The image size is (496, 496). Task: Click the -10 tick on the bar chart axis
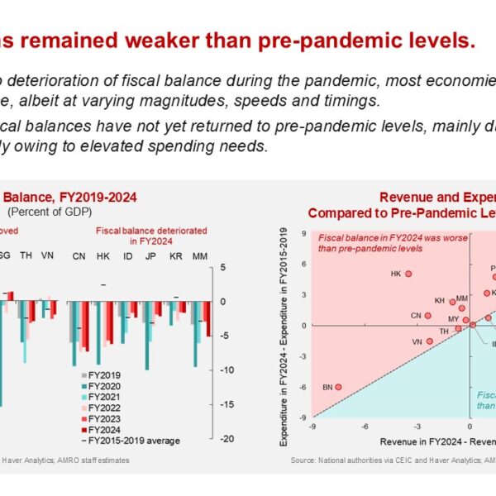tap(225, 370)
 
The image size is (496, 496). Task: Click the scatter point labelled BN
tap(338, 387)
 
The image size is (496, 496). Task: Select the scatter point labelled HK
tap(408, 274)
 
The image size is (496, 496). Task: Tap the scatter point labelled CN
tap(427, 315)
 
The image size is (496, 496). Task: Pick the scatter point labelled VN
tap(429, 341)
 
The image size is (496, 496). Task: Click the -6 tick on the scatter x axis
tap(365, 427)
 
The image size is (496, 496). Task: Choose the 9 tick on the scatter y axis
tap(305, 233)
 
